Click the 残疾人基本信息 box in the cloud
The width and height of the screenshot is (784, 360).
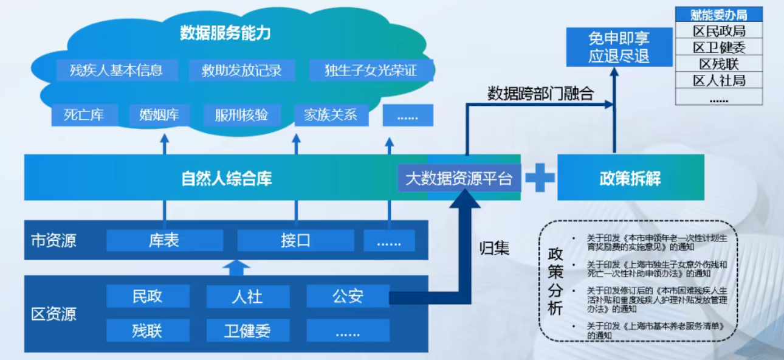click(x=117, y=70)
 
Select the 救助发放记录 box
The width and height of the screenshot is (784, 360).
click(x=242, y=70)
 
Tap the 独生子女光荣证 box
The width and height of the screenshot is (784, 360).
click(x=371, y=70)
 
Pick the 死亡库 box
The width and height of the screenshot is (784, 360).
click(x=84, y=114)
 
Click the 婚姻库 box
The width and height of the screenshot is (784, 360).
click(x=159, y=114)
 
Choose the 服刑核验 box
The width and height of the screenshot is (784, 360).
click(x=241, y=114)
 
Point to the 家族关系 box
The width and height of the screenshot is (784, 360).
click(x=331, y=114)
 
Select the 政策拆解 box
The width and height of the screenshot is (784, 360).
click(x=630, y=178)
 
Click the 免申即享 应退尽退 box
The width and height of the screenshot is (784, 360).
click(x=619, y=47)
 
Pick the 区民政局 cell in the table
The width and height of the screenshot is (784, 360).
click(x=719, y=31)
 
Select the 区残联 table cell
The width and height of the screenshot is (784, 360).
click(x=719, y=64)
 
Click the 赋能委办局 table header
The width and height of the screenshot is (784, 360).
click(x=719, y=15)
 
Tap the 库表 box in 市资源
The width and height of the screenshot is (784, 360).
click(x=164, y=240)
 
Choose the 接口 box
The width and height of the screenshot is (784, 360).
click(x=295, y=240)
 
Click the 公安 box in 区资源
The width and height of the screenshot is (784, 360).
click(x=348, y=297)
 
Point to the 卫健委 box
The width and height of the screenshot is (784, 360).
click(x=247, y=331)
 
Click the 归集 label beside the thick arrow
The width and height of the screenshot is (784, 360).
click(x=494, y=248)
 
